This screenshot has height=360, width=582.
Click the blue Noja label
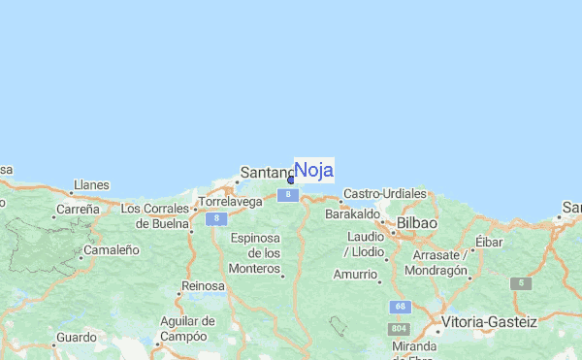click(x=313, y=170)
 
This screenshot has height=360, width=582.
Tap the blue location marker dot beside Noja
click(x=291, y=180)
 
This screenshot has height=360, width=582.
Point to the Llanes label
click(x=90, y=185)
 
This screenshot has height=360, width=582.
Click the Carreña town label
click(x=78, y=209)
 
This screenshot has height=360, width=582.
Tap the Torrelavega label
click(x=230, y=203)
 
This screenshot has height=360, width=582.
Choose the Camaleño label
click(x=112, y=249)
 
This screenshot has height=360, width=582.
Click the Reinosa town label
click(x=203, y=286)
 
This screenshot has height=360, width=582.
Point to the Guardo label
click(x=75, y=338)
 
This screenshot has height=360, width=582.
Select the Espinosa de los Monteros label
click(x=255, y=252)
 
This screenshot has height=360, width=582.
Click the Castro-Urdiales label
click(x=385, y=194)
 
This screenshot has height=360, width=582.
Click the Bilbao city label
click(x=416, y=223)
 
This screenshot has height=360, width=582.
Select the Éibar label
click(x=490, y=242)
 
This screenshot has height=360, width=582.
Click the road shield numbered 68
click(x=399, y=307)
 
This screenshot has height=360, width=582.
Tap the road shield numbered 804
click(x=399, y=330)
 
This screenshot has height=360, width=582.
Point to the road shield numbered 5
click(x=521, y=283)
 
